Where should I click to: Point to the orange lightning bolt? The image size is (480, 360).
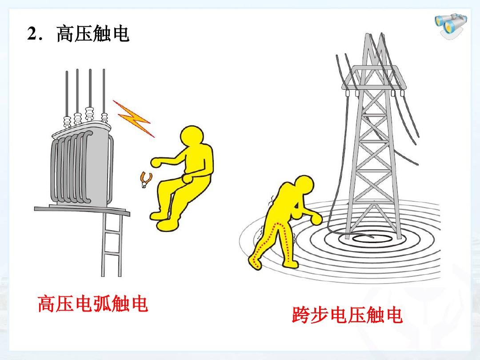coord(133,118)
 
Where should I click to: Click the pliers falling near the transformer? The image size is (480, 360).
coord(144,179)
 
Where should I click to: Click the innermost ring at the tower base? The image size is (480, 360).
coord(369,239)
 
